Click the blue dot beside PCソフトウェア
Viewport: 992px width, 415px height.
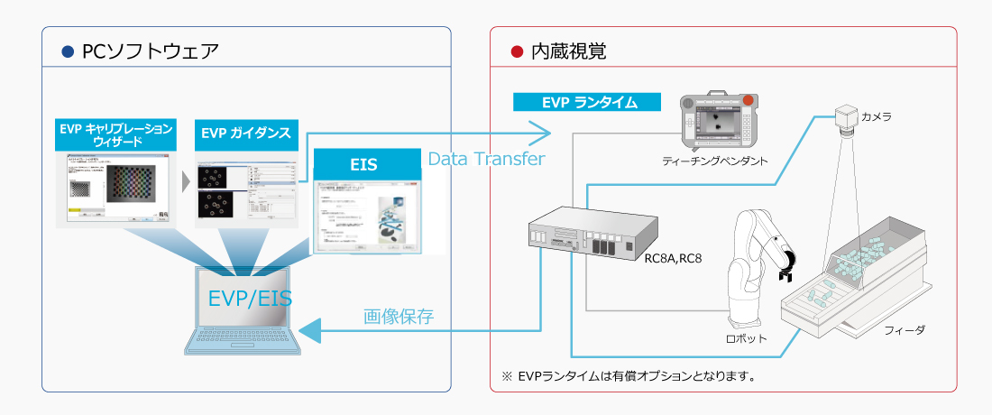[66, 51]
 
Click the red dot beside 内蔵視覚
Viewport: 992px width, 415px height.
[517, 51]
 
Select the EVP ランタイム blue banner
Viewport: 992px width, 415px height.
[587, 102]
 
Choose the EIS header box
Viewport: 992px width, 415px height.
[367, 165]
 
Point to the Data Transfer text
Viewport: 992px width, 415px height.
[486, 160]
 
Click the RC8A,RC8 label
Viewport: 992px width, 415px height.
[672, 258]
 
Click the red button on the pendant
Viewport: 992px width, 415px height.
[748, 100]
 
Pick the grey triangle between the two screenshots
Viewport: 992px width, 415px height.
[187, 180]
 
